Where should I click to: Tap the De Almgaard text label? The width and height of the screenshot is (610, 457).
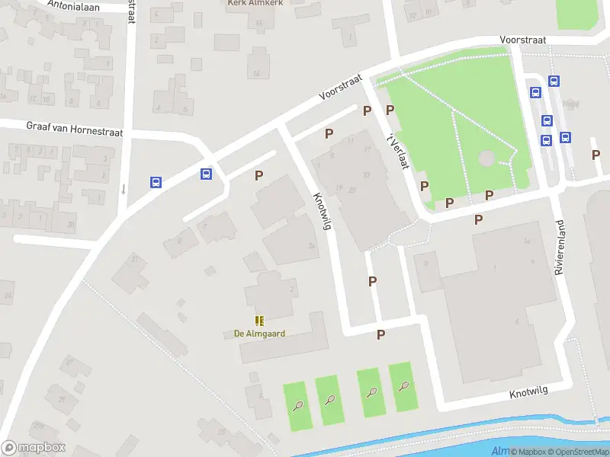[x=259, y=334]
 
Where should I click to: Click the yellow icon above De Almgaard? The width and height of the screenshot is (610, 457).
[x=259, y=321]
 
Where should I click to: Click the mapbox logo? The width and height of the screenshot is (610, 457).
[x=34, y=448]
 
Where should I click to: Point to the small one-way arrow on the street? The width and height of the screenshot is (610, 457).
[x=123, y=188]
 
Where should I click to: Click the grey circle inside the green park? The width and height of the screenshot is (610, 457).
[x=486, y=158]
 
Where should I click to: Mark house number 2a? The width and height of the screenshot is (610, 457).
[x=311, y=245]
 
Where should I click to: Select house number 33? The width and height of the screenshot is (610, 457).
[x=366, y=175]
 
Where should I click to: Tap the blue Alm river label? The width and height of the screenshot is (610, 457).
[x=499, y=451]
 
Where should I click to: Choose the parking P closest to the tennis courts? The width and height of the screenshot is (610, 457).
[x=380, y=334]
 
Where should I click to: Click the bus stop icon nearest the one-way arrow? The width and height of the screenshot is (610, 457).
[x=156, y=182]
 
